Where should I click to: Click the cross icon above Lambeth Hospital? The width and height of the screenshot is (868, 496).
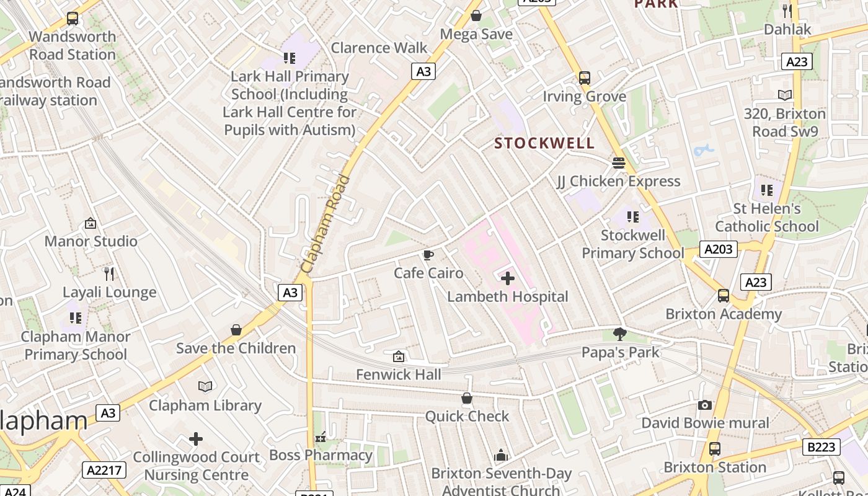pos(507,278)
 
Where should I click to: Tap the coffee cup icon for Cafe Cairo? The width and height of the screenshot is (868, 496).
pos(428,255)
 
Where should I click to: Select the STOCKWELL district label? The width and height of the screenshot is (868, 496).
pos(544,143)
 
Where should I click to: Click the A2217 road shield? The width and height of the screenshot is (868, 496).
pos(106,470)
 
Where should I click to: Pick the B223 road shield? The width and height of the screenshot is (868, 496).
pos(821,446)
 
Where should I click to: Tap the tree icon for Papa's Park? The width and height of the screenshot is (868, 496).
pos(619,334)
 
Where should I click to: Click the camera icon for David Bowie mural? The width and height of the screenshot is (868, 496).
pos(705,405)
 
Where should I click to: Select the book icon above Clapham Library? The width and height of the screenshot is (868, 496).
pos(205,387)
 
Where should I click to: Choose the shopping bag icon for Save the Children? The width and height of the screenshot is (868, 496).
pos(236,330)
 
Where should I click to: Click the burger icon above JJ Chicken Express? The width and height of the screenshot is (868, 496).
pos(618,163)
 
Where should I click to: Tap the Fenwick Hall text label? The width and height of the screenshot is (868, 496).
pos(399,374)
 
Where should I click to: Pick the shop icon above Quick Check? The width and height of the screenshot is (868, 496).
pos(467,398)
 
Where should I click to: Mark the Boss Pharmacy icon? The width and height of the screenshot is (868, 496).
pos(321,438)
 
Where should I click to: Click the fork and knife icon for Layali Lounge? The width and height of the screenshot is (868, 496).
pos(109,273)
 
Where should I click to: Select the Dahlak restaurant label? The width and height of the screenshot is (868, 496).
pos(787,29)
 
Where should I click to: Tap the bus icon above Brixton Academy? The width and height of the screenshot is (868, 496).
pos(724,296)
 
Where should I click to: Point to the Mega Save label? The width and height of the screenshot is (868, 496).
pos(476,34)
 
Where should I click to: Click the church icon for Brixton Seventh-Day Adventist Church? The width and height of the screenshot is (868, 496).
pos(501,456)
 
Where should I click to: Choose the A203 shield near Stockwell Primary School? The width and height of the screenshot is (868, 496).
pos(719,249)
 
